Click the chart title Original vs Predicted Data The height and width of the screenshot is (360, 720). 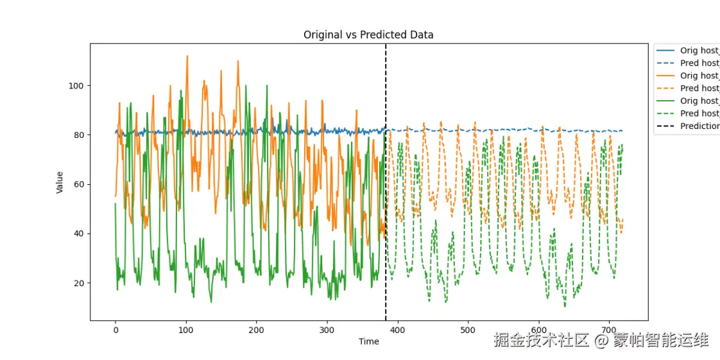pos(368,35)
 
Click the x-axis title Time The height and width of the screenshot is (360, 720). pos(368,341)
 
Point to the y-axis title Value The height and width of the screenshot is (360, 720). pos(60,182)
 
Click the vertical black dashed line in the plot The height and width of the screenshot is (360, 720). pos(386,193)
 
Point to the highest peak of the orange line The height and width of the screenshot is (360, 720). pos(187,56)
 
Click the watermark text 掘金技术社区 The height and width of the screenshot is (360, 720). pos(541,340)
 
